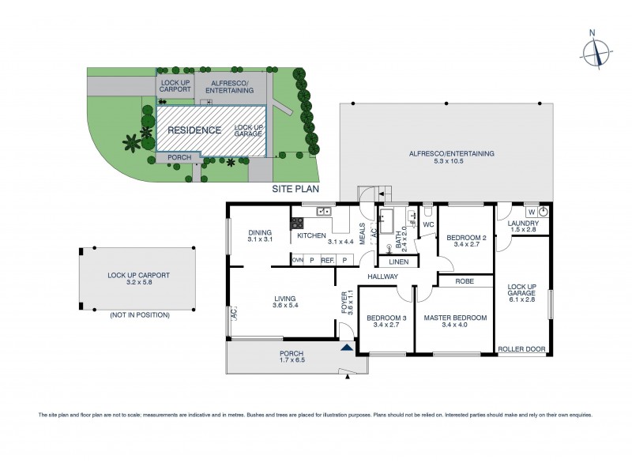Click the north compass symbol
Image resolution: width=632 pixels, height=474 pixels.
point(596,52)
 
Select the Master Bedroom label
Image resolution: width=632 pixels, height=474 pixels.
point(454,318)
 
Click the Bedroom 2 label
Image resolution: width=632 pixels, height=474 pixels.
point(465,237)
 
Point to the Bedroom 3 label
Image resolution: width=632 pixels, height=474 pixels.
point(386,318)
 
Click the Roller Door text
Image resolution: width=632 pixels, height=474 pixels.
point(521,348)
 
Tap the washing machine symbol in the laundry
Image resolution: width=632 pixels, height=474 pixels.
point(543,212)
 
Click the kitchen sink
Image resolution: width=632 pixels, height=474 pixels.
point(322,212)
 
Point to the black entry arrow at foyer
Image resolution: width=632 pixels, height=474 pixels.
point(346,346)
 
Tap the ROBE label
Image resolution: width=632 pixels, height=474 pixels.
point(465,280)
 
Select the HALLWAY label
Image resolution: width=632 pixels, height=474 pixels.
point(382,276)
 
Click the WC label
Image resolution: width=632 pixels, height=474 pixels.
point(428,224)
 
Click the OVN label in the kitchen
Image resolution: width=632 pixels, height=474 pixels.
point(298,259)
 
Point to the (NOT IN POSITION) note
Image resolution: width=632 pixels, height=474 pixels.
point(140,315)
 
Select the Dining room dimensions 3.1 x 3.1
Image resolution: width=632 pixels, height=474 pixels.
point(259,239)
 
